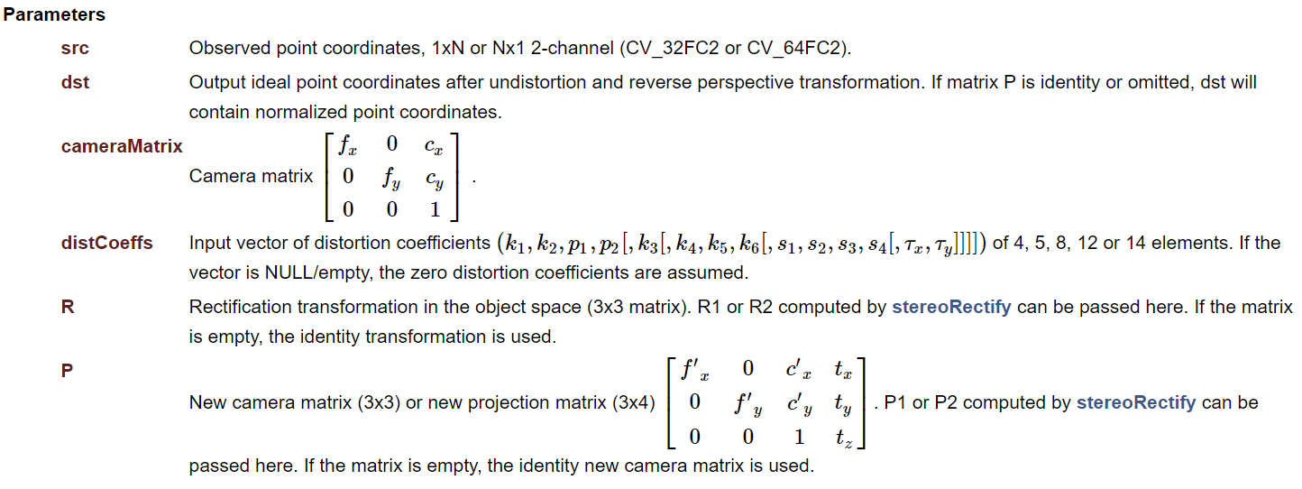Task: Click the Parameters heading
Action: click(54, 15)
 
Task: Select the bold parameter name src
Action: click(75, 49)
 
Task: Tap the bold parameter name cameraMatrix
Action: click(122, 146)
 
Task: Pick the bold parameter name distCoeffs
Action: click(106, 243)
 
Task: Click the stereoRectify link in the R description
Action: click(951, 307)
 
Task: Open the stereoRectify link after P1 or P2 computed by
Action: click(1136, 402)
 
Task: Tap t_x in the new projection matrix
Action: click(843, 369)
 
